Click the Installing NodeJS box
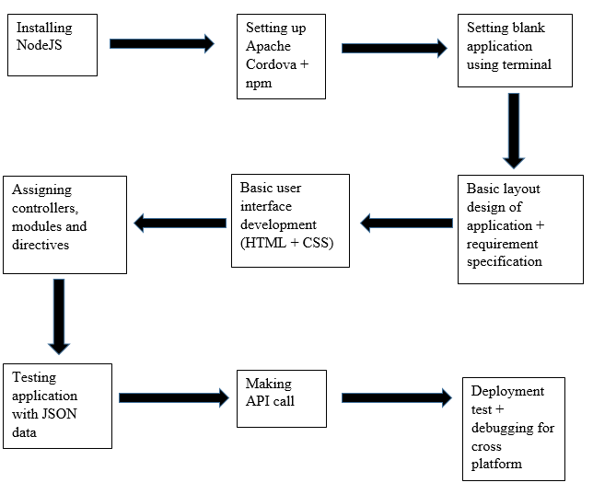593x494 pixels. [x=52, y=42]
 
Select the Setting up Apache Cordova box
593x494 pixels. [x=281, y=55]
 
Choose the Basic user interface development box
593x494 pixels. [x=290, y=220]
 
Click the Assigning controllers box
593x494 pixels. [x=64, y=224]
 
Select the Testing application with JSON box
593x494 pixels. [x=57, y=405]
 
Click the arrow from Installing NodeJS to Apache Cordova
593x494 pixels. [x=161, y=43]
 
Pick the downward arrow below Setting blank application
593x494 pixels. [x=514, y=129]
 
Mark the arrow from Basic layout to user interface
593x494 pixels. [x=406, y=223]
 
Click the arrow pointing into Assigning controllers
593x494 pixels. [x=180, y=223]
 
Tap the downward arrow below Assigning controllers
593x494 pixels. [x=59, y=316]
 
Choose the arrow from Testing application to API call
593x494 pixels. [x=173, y=397]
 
